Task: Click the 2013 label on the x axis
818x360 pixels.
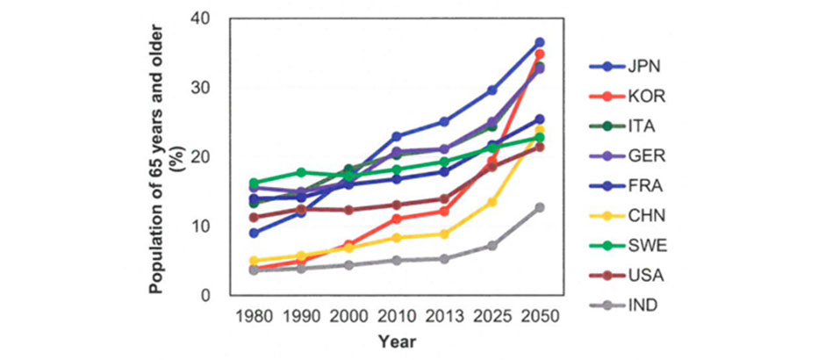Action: click(x=445, y=315)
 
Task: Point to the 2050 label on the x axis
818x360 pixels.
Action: click(x=540, y=315)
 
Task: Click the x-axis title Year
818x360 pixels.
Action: click(x=397, y=341)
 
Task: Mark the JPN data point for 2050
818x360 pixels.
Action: click(x=540, y=42)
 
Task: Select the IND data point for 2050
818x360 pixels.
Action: click(x=540, y=208)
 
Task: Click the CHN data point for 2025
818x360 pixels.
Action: click(x=492, y=202)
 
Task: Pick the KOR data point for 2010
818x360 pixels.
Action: click(x=397, y=219)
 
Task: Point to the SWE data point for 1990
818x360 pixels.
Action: click(x=302, y=172)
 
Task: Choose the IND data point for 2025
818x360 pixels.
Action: click(x=492, y=245)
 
